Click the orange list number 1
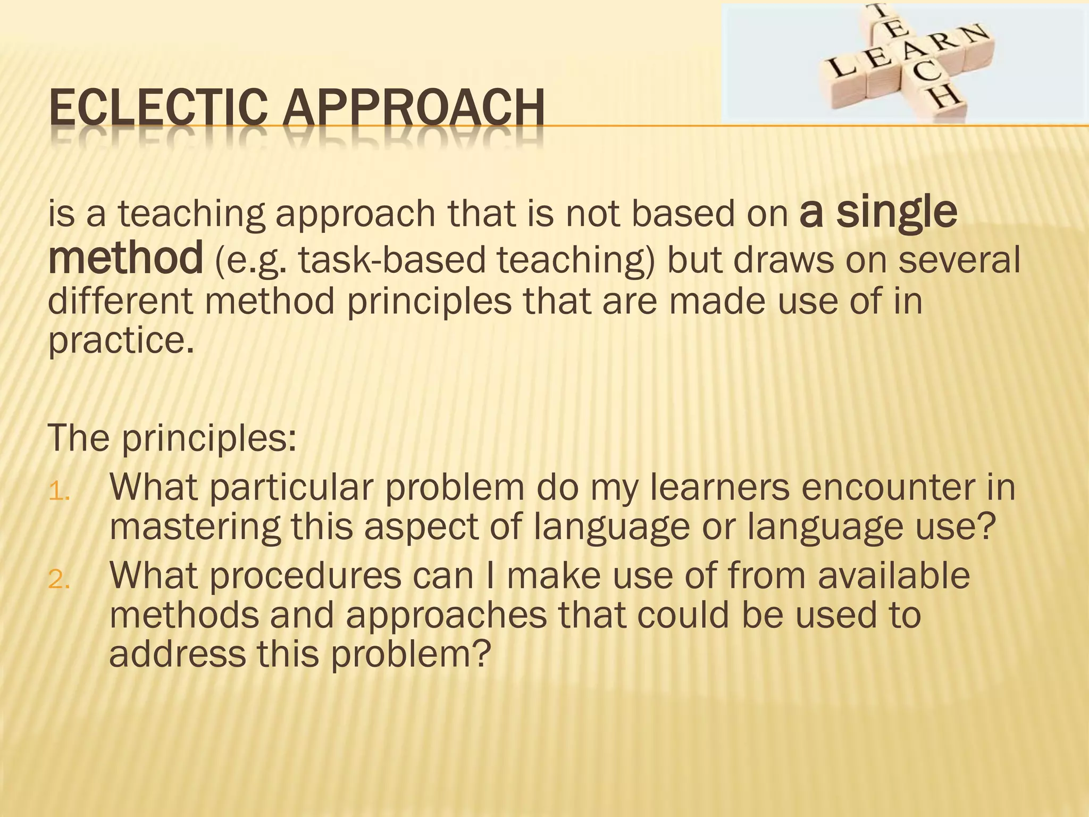coord(59,493)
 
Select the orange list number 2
coord(59,580)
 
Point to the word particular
coord(292,487)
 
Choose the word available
coord(893,576)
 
